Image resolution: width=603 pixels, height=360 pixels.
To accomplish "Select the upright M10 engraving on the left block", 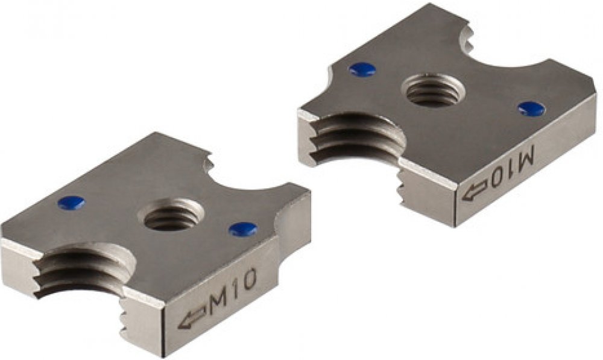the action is pos(233,291).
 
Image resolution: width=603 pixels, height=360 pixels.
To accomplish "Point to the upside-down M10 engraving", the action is pos(512,167).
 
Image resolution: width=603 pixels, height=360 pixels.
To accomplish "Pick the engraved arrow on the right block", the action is pos(475,192).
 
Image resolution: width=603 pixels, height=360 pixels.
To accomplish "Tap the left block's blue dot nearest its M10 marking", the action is pos(243,229).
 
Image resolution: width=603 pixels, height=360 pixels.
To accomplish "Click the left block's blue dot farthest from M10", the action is pos(71,203).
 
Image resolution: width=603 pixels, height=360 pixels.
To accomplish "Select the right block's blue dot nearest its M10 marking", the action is pos(531,109).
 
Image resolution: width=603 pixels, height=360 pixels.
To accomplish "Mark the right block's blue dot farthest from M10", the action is pos(362,69).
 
